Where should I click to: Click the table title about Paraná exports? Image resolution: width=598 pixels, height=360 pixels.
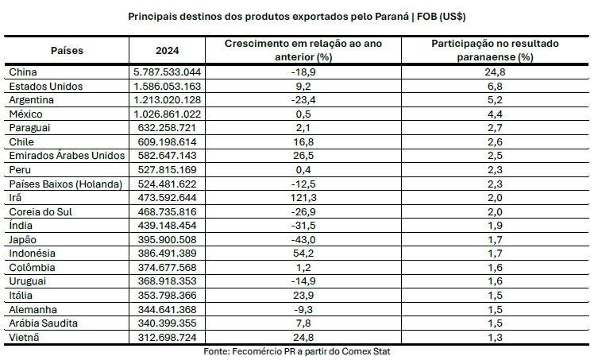coord(297,16)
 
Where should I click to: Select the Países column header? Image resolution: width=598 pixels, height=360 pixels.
coord(67,50)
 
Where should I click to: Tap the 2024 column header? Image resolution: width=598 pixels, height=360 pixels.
coord(168,50)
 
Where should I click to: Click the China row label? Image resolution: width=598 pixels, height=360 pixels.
coord(23,72)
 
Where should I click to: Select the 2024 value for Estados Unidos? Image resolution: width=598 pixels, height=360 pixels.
coord(168,86)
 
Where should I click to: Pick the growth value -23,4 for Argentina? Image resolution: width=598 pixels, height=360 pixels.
coord(303,99)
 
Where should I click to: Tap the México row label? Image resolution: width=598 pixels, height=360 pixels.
coord(26,114)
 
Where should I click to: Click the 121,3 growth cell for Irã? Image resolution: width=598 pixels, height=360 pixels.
coord(303,197)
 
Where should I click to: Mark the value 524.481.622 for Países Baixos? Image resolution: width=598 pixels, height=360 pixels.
coord(168,184)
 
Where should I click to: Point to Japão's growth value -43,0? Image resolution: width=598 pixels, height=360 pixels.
coord(303,239)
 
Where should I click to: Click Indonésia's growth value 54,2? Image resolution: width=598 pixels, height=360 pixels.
coord(303,253)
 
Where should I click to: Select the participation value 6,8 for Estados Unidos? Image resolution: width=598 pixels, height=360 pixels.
coord(496,86)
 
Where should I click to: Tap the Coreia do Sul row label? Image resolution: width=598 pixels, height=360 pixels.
coord(39,211)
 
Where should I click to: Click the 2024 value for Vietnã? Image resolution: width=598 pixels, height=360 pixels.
coord(168,337)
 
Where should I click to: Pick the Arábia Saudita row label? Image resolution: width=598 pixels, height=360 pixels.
coord(41,323)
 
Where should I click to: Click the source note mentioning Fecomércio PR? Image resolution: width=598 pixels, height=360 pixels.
coord(297,351)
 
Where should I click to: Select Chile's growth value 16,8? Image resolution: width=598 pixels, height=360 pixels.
coord(303,141)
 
